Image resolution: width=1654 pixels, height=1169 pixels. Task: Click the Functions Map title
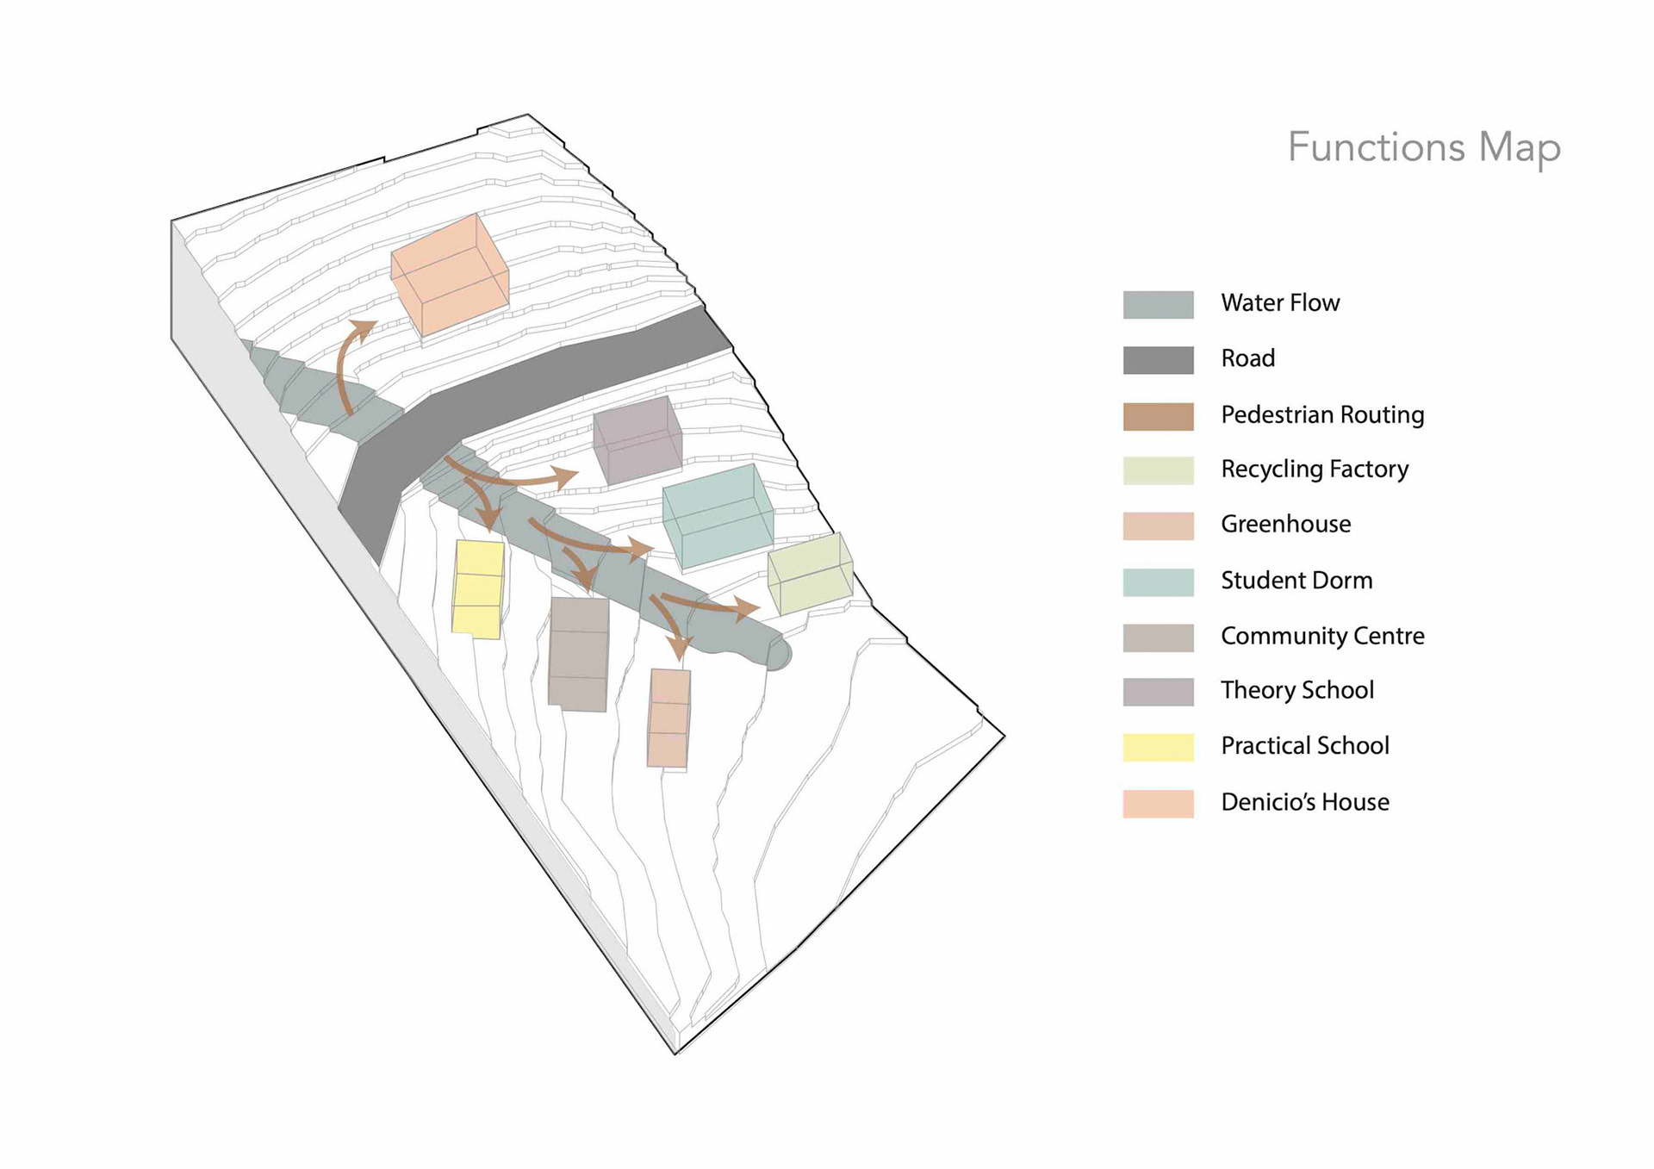pos(1423,147)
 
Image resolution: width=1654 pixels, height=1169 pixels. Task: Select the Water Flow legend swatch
pos(1158,305)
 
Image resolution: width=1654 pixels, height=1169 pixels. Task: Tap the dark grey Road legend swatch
pos(1158,360)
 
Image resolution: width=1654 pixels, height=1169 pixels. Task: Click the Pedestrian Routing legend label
pos(1321,415)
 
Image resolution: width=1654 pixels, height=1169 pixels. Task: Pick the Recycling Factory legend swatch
pos(1158,470)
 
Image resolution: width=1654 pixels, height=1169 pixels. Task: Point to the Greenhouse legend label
pos(1285,524)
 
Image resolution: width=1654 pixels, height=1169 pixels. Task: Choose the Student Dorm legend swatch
pos(1158,582)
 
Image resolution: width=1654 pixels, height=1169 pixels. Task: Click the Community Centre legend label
pos(1321,636)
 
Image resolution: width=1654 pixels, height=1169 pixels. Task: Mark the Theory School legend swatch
pos(1158,692)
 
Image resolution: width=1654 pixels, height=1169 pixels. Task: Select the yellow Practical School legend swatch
pos(1158,747)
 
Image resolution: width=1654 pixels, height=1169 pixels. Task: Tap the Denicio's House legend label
pos(1304,802)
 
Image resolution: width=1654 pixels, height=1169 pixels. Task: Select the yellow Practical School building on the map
pos(478,590)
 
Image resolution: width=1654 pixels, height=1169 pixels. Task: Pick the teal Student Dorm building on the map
pos(718,517)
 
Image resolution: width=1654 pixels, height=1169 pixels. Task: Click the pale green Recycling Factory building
pos(810,574)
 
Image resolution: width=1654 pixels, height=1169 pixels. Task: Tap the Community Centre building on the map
pos(579,655)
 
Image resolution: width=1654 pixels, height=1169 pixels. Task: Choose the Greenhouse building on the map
pos(668,718)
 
